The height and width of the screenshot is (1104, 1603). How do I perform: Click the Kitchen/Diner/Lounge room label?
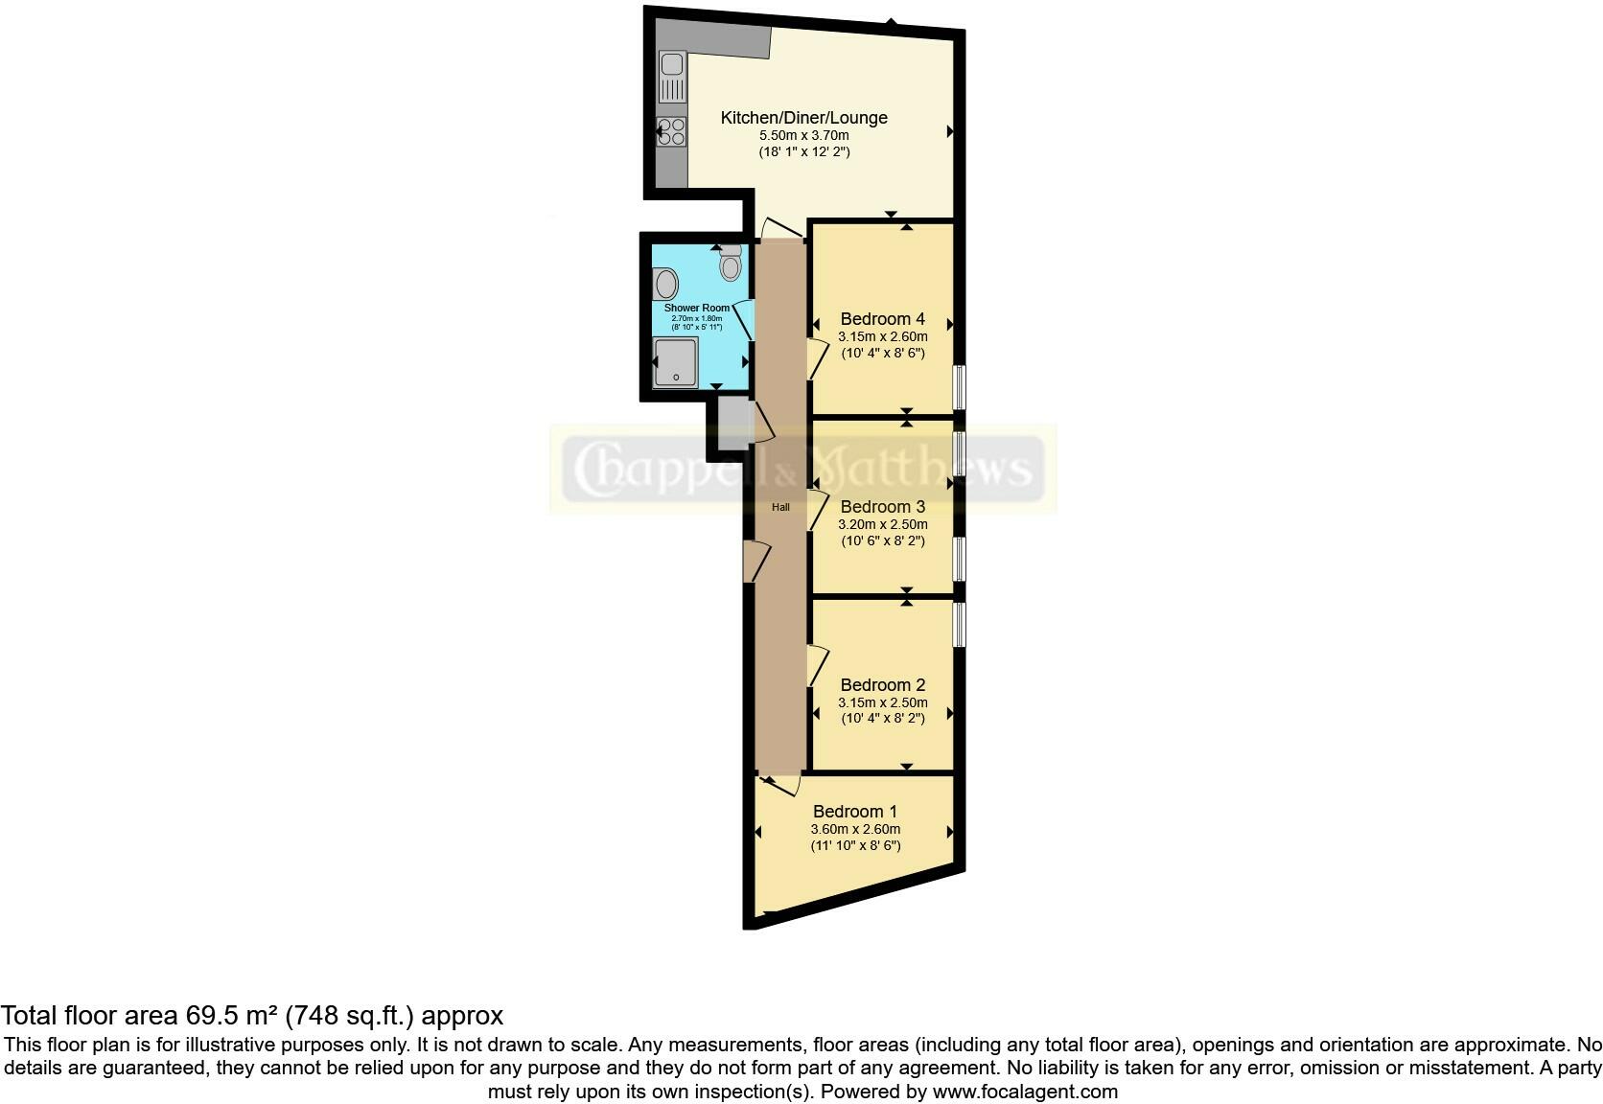[x=803, y=118]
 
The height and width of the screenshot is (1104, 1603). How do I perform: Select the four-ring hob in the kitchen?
[x=672, y=131]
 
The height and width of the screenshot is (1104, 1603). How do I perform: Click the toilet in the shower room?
[x=731, y=262]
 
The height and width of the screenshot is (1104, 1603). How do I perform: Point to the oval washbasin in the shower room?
[x=666, y=285]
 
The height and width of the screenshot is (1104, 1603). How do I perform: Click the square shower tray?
[x=675, y=362]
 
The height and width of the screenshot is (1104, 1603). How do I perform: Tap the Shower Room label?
[x=697, y=308]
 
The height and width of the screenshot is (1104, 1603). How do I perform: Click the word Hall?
[x=781, y=507]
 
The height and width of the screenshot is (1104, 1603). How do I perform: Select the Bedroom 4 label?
[x=882, y=319]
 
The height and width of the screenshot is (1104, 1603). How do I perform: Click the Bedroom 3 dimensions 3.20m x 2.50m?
[x=882, y=525]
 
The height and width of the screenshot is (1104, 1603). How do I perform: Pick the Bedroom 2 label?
[x=882, y=685]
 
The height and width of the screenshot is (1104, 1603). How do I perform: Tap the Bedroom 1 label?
[x=855, y=812]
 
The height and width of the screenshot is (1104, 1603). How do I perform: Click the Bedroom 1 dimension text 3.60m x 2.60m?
[x=855, y=830]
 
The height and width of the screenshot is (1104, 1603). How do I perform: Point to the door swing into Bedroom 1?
[x=780, y=785]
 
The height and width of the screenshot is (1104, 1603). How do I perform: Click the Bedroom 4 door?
[x=816, y=358]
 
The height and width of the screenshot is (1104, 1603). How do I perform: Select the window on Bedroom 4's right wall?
[x=959, y=387]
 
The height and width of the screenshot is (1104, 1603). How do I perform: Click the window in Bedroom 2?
[x=959, y=623]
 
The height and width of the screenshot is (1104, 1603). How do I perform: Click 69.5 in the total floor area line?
[x=202, y=1016]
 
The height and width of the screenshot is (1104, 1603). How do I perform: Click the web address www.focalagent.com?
[x=1025, y=1091]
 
